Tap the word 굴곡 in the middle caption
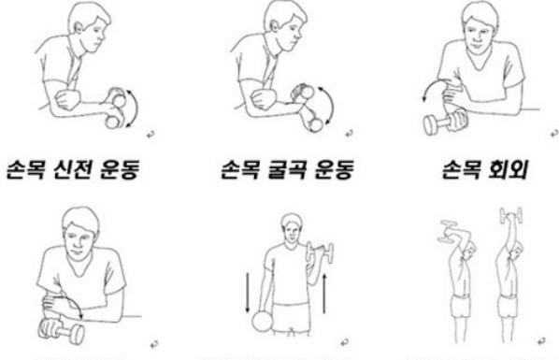coord(287,169)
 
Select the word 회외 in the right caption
coord(507,169)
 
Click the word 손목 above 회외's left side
coord(462,169)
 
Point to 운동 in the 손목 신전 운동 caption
coord(119,169)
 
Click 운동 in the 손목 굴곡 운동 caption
coord(334,169)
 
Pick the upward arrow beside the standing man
coord(324,294)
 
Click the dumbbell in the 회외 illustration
coord(444,122)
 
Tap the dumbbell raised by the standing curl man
coord(320,252)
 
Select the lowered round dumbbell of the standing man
coord(263,321)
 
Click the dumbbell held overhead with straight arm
coord(511,215)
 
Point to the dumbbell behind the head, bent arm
coord(450,230)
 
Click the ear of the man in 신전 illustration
coord(79,27)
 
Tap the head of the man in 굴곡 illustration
coord(285,25)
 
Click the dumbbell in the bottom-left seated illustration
coord(62,331)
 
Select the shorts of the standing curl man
coord(290,318)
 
